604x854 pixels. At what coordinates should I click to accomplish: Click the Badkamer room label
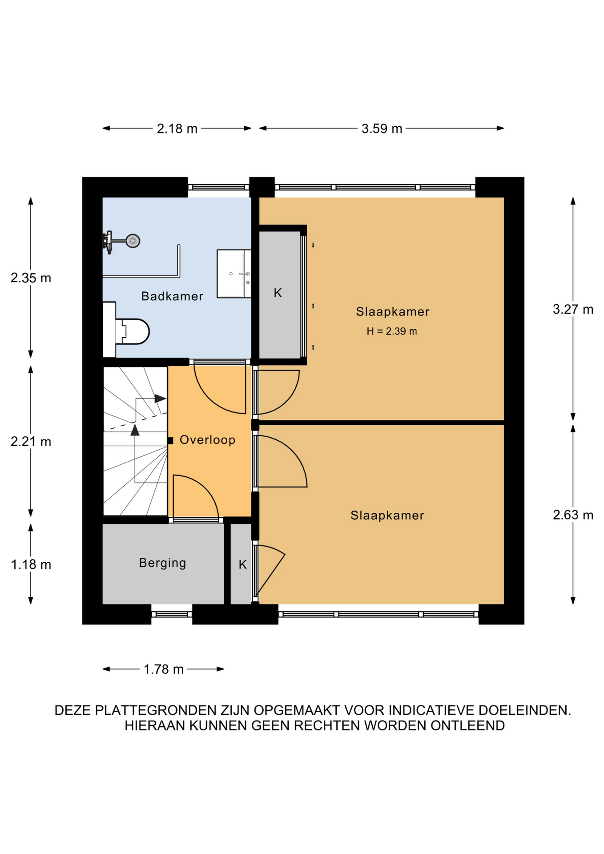172,296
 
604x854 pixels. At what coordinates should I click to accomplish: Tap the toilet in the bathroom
126,330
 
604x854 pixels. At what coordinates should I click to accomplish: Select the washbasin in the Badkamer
234,274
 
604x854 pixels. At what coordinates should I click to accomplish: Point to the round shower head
133,241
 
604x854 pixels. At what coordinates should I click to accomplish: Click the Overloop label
207,440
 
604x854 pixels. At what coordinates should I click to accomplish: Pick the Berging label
162,563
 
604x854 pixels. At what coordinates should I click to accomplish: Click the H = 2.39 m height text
392,331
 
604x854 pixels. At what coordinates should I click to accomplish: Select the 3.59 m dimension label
382,129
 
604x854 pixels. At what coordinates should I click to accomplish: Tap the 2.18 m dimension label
177,129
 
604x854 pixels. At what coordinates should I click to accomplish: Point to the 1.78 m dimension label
164,669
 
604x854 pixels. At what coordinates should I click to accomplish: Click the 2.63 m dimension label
573,515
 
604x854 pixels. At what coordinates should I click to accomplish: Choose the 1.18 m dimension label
31,565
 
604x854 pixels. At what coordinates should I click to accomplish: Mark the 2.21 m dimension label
31,442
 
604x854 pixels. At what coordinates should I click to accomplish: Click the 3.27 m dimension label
573,310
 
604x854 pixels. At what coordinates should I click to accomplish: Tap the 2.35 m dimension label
31,278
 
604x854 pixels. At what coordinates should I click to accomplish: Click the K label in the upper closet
278,293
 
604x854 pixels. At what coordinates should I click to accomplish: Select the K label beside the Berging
242,564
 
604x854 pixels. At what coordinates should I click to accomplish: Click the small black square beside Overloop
170,441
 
